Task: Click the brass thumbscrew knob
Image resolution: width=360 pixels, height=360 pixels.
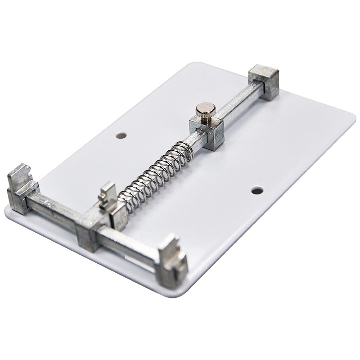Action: click(x=206, y=108)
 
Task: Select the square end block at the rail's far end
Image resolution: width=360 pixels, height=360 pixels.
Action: click(x=264, y=81)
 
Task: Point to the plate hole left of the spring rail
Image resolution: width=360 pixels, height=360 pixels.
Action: click(x=121, y=135)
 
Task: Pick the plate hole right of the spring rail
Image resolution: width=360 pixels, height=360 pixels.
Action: click(x=257, y=191)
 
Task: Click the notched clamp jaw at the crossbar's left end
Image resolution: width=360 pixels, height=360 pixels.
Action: click(x=20, y=189)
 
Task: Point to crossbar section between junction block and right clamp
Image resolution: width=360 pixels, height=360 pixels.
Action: click(x=128, y=245)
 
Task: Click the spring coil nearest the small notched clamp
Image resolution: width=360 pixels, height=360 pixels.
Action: click(x=124, y=200)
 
